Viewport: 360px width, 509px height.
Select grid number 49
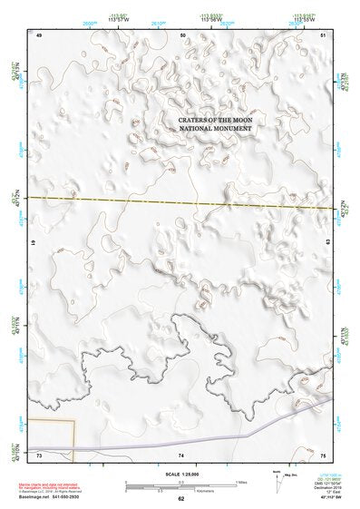point(39,34)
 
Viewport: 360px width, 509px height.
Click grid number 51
point(324,34)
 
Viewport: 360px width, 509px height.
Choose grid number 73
point(39,454)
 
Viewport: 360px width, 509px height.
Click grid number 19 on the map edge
point(34,244)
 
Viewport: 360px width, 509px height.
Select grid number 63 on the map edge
point(327,244)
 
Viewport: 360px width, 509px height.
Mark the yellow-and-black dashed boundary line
point(181,202)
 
